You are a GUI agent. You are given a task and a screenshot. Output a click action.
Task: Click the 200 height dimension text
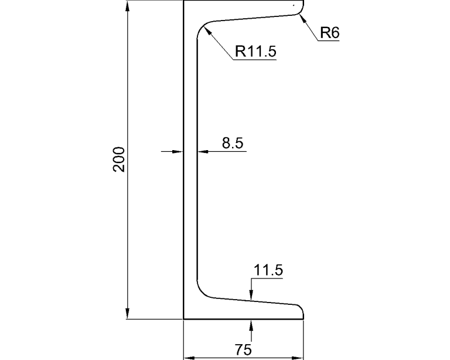click(119, 159)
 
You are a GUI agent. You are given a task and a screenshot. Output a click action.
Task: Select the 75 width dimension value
click(243, 350)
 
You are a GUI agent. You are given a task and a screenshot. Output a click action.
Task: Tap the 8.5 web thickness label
click(233, 143)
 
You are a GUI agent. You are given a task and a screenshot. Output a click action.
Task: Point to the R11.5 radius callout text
click(255, 52)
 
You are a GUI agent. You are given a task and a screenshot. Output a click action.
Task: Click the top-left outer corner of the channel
click(184, 1)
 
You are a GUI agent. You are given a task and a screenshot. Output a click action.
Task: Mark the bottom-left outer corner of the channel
click(184, 320)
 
